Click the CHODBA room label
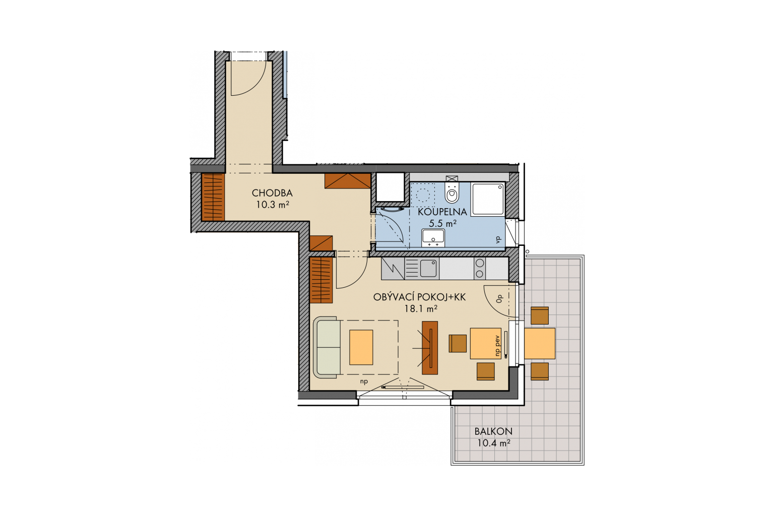pyautogui.click(x=272, y=193)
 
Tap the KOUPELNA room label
pyautogui.click(x=442, y=212)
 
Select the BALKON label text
pyautogui.click(x=493, y=431)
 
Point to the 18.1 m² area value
pyautogui.click(x=421, y=308)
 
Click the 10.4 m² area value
pyautogui.click(x=494, y=443)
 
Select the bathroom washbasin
pyautogui.click(x=433, y=238)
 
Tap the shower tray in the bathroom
pyautogui.click(x=488, y=199)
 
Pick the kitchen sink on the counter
pyautogui.click(x=428, y=269)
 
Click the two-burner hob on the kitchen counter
pyautogui.click(x=480, y=269)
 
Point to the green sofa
pyautogui.click(x=327, y=347)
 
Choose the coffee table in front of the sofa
pyautogui.click(x=361, y=347)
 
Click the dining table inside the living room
pyautogui.click(x=485, y=344)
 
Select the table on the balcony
pyautogui.click(x=539, y=344)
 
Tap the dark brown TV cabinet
pyautogui.click(x=430, y=348)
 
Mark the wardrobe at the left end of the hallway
pyautogui.click(x=213, y=197)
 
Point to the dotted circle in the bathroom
pyautogui.click(x=422, y=195)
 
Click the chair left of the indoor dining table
pyautogui.click(x=458, y=344)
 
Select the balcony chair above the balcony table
pyautogui.click(x=540, y=315)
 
